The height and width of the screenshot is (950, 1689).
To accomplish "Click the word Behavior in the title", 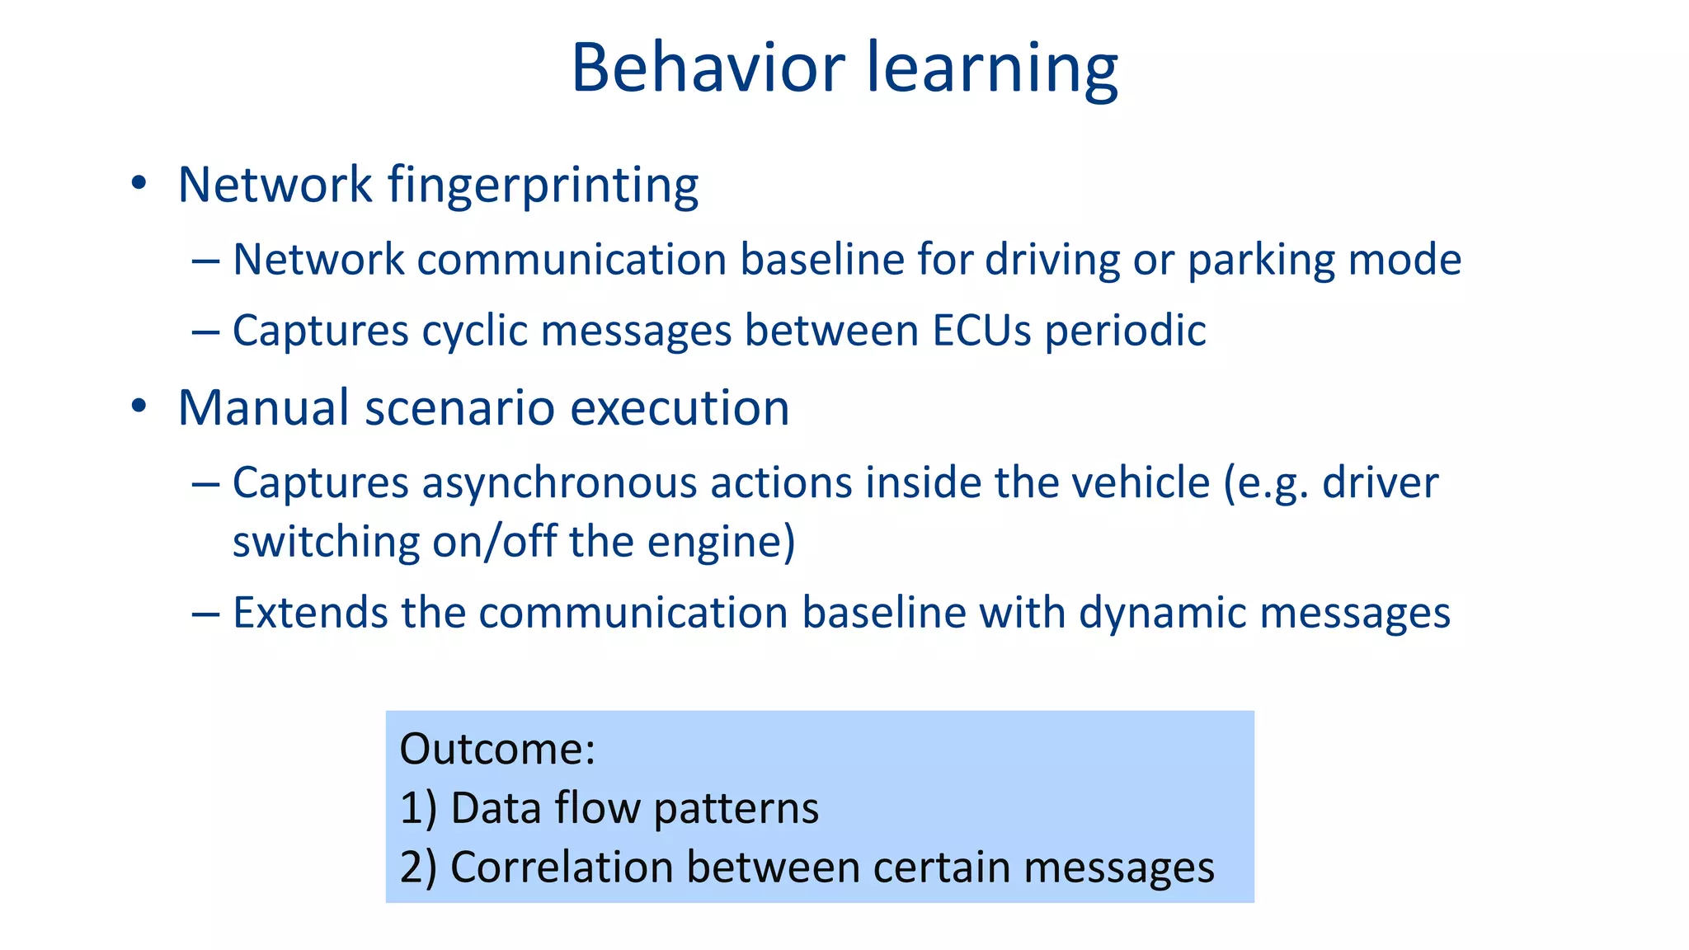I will click(708, 68).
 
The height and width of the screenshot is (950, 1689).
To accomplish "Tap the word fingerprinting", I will click(543, 185).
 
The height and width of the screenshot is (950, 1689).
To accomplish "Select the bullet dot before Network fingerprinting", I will click(139, 183).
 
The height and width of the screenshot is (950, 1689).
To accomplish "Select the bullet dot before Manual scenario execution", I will click(139, 406).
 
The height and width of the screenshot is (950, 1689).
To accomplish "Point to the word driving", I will click(1052, 261).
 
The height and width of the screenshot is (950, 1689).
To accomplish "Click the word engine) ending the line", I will click(721, 543).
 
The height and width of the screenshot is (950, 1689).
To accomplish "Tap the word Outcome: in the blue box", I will click(496, 749).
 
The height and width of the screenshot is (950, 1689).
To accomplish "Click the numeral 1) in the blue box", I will click(418, 808).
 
